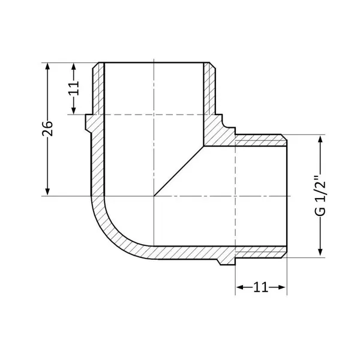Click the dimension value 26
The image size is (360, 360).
pos(47,128)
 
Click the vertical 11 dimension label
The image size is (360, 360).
pos(74,88)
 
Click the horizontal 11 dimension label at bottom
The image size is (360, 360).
pos(260,287)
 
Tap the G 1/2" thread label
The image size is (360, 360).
pos(320,196)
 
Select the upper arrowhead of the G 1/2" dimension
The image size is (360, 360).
pos(320,139)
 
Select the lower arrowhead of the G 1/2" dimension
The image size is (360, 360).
pos(320,253)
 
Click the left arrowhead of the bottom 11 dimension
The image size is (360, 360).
pos(240,287)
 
